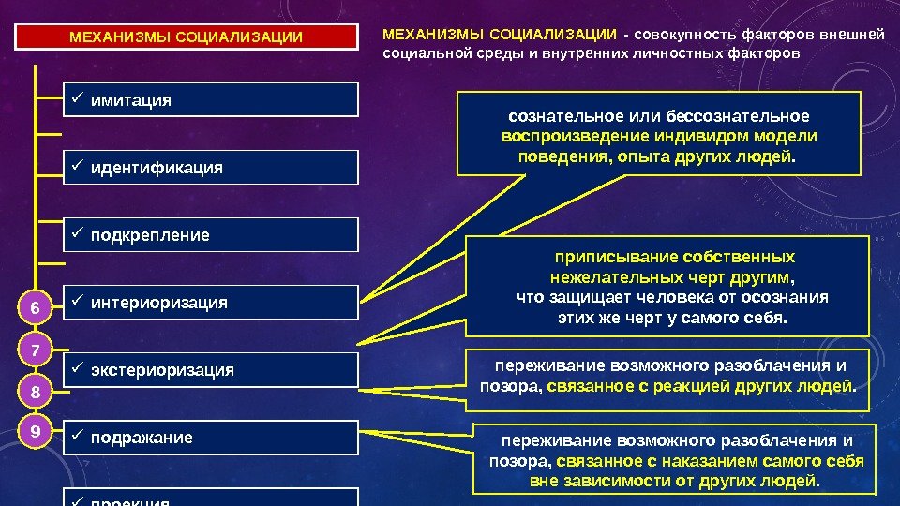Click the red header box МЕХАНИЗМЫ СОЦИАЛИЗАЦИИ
point(187,38)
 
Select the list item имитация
point(211,99)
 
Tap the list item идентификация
point(211,168)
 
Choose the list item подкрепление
point(211,235)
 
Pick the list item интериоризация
point(211,303)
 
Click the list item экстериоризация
point(211,370)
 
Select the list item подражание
point(211,438)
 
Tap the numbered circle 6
point(35,308)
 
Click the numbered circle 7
point(35,350)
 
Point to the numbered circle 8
point(35,393)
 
